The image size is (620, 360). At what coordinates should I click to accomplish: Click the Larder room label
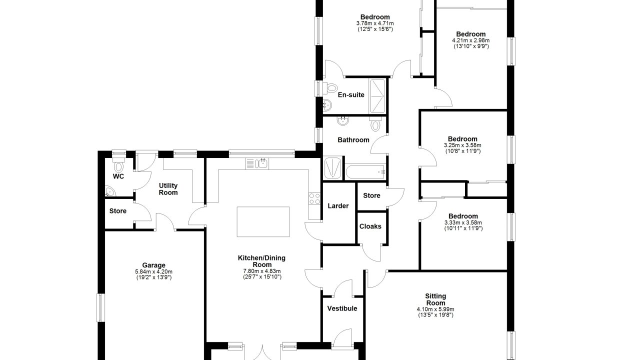[338, 206]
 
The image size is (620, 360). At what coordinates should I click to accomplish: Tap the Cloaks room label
[370, 226]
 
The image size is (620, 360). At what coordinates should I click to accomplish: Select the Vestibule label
[342, 308]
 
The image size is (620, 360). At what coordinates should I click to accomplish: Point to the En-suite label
[351, 95]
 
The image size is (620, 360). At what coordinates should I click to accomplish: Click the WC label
[118, 176]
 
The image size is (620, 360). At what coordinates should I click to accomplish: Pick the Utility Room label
[168, 189]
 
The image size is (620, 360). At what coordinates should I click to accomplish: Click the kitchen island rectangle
[263, 221]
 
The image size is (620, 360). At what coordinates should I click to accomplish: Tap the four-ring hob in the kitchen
[314, 198]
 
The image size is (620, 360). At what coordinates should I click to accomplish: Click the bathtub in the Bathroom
[365, 172]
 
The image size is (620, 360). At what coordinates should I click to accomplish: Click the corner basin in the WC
[110, 191]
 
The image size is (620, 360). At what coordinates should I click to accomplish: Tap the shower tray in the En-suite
[377, 96]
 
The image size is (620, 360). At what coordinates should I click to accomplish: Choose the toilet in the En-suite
[329, 87]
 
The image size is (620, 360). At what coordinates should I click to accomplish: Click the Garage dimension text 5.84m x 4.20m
[153, 271]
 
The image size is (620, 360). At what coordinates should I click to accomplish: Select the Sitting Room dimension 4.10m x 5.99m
[435, 309]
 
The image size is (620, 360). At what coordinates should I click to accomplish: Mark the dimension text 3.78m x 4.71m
[375, 23]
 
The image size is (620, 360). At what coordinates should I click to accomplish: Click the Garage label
[153, 265]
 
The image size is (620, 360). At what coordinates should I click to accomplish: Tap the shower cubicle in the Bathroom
[332, 168]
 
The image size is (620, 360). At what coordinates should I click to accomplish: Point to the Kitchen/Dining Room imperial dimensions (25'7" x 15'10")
[262, 276]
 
